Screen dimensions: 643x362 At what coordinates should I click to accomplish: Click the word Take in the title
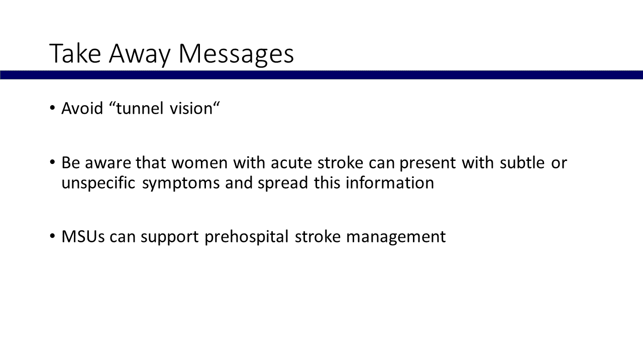point(75,53)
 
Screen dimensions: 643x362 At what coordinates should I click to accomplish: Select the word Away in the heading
point(140,55)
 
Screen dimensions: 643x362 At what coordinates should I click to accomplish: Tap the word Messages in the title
point(236,55)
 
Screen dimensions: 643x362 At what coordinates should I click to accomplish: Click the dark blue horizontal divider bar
point(321,75)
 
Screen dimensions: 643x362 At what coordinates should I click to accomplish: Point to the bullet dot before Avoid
point(52,108)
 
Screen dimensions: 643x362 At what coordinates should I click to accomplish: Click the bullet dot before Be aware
point(52,162)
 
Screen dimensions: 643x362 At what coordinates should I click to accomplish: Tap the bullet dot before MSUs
point(52,236)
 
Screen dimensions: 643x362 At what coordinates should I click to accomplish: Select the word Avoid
point(82,108)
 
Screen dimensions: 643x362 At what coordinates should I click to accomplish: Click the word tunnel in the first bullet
point(140,108)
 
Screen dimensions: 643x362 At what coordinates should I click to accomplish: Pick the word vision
point(191,108)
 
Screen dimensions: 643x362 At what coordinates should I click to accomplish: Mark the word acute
point(291,163)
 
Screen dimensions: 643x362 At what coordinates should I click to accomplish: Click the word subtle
point(522,162)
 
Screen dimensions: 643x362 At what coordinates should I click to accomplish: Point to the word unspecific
point(98,184)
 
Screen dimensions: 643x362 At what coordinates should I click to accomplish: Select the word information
point(390,183)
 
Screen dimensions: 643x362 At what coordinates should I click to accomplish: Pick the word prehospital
point(246,237)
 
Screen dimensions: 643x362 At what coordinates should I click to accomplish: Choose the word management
point(396,238)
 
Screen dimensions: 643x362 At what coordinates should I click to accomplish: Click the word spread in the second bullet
point(283,184)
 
